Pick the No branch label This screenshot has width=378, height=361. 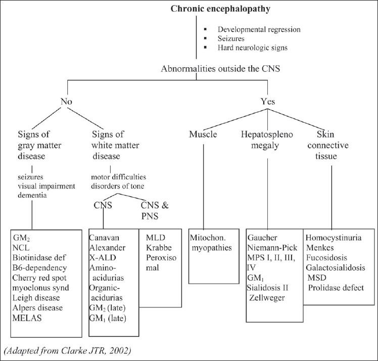coord(66,102)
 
